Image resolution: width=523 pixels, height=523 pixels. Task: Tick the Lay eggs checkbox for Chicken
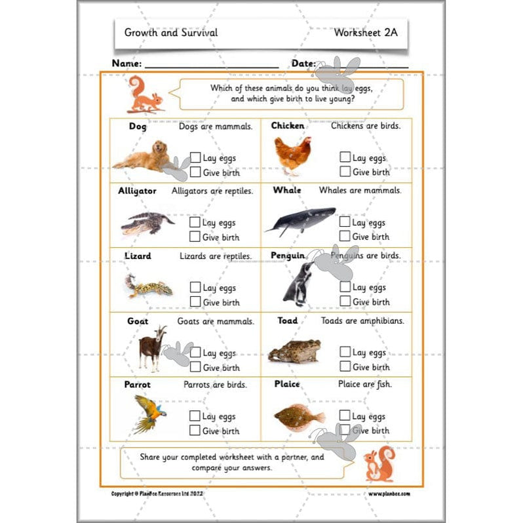click(345, 157)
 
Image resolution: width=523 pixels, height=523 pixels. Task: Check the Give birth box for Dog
click(195, 172)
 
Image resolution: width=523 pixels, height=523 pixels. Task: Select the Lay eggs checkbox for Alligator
click(195, 223)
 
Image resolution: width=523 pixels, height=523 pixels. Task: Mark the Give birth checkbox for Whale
click(345, 237)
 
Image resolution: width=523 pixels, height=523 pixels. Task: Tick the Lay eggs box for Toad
click(345, 353)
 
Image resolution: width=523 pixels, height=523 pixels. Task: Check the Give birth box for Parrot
click(195, 431)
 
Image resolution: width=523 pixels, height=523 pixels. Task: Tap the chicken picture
click(292, 155)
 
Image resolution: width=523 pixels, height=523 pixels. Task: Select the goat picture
click(153, 347)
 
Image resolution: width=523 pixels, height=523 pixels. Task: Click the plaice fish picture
click(299, 416)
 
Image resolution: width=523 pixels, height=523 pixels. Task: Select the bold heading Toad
click(287, 320)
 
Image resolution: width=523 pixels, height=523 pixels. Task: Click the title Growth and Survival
click(171, 32)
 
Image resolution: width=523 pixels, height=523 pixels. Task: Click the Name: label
click(126, 64)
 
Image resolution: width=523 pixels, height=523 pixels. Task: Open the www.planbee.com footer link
click(389, 494)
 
